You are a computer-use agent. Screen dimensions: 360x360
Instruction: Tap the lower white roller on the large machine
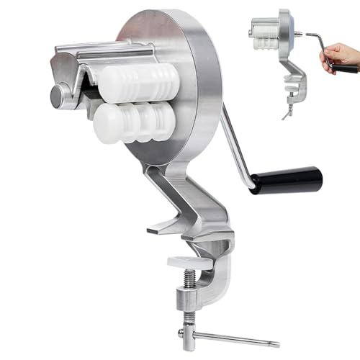click(130, 123)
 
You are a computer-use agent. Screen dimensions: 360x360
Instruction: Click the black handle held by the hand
click(346, 68)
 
